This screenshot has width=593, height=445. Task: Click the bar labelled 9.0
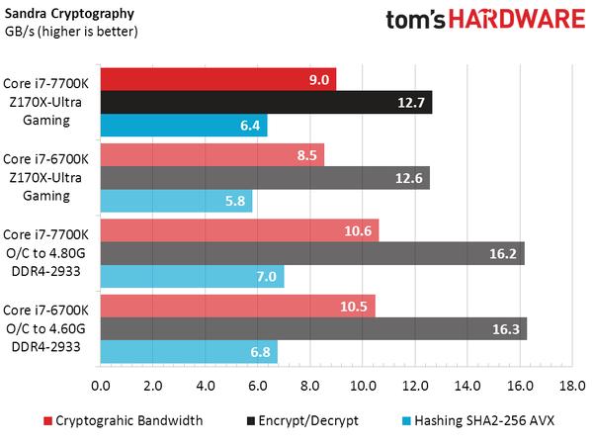(x=218, y=79)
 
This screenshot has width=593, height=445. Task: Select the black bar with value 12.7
(x=266, y=102)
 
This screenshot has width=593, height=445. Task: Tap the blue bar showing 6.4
(x=184, y=125)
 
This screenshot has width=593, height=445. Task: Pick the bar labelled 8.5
(x=212, y=154)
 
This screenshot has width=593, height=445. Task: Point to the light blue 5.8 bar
(x=176, y=201)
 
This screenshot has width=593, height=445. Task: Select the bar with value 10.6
(x=239, y=230)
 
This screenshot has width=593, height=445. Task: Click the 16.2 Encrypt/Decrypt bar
(x=312, y=253)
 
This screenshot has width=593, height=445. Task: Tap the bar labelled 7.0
(x=192, y=277)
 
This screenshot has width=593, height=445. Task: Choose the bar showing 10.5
(x=238, y=306)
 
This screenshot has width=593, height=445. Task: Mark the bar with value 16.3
(x=313, y=328)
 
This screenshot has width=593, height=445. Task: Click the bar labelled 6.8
(x=189, y=352)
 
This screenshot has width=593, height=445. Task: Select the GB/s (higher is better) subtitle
(x=70, y=31)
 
